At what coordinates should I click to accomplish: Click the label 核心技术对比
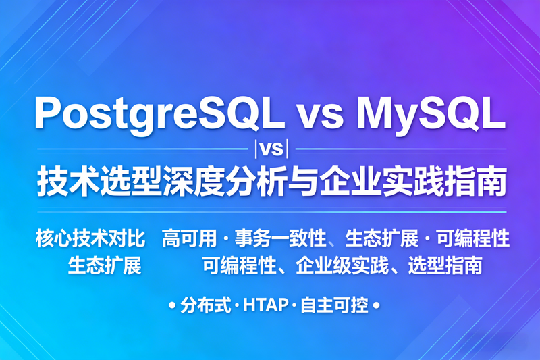pyautogui.click(x=90, y=238)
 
